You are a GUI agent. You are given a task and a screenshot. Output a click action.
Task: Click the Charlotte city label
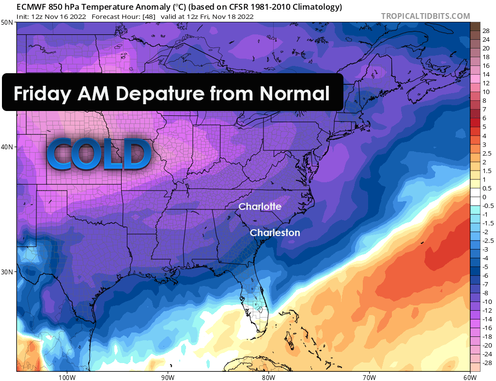coord(260,206)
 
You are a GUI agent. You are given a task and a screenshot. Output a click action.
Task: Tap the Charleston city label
coord(275,233)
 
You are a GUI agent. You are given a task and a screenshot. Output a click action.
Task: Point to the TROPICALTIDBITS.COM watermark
coord(425,16)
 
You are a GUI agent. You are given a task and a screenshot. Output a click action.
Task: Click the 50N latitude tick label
coord(7,23)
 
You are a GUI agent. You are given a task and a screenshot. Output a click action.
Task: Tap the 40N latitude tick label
coord(7,147)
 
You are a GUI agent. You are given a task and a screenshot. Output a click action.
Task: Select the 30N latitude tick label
coord(7,271)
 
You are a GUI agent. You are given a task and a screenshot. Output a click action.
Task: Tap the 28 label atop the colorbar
coord(486,30)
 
